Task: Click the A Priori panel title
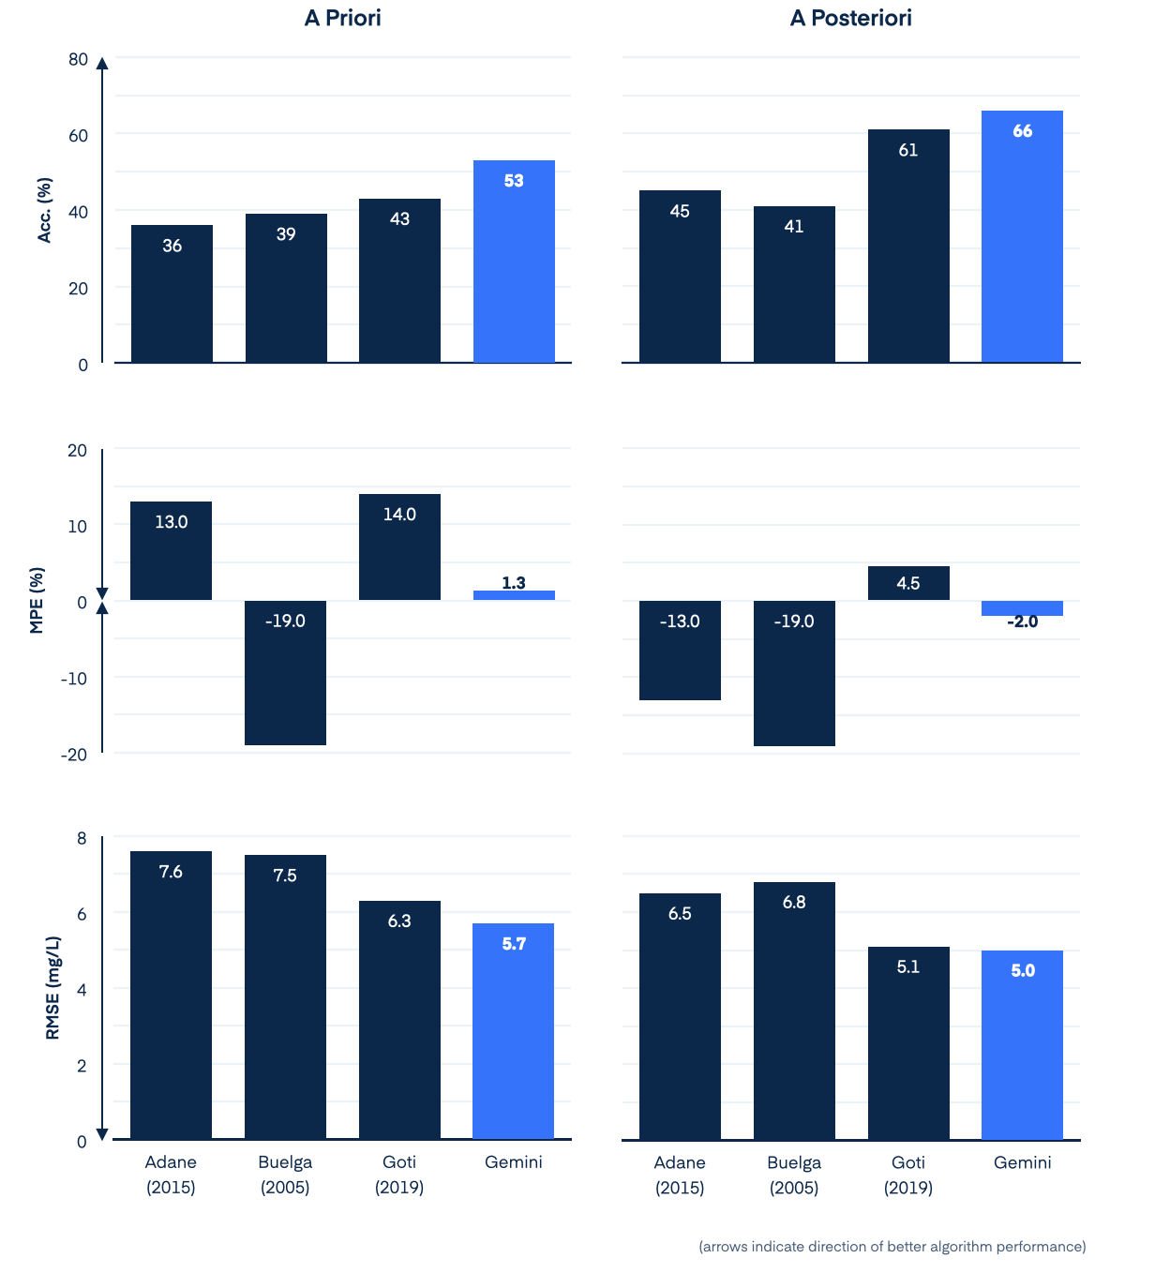342,19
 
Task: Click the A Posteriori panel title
850,19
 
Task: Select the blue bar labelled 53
514,262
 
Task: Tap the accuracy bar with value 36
172,294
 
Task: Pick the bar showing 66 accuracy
1022,237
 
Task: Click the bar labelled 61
908,247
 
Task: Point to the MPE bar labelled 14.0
399,547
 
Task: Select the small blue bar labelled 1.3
514,595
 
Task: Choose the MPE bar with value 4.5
908,583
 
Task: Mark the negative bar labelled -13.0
680,651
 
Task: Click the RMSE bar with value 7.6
171,996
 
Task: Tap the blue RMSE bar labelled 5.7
514,1031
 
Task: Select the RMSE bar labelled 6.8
794,1011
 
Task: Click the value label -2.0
1022,622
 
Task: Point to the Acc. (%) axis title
44,210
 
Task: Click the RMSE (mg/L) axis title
52,988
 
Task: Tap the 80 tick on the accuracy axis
78,60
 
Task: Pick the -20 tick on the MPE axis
74,755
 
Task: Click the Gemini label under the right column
1022,1162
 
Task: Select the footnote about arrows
892,1247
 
